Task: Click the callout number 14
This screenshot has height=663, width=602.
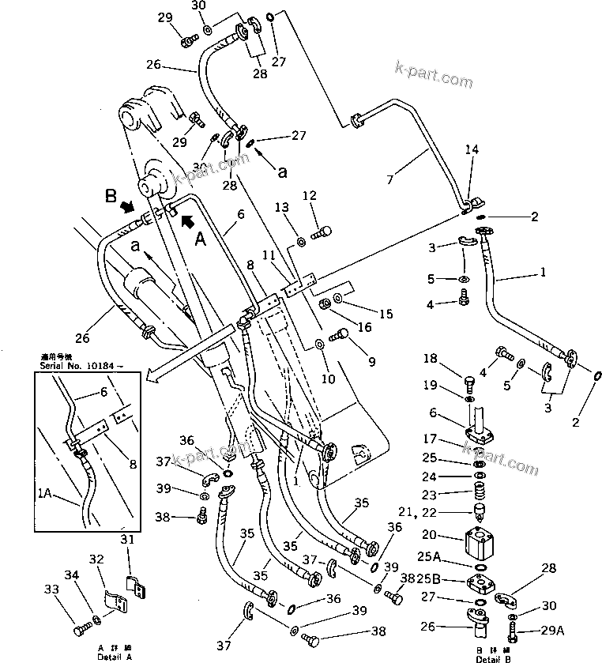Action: [x=471, y=149]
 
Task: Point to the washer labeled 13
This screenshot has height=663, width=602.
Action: [x=302, y=241]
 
